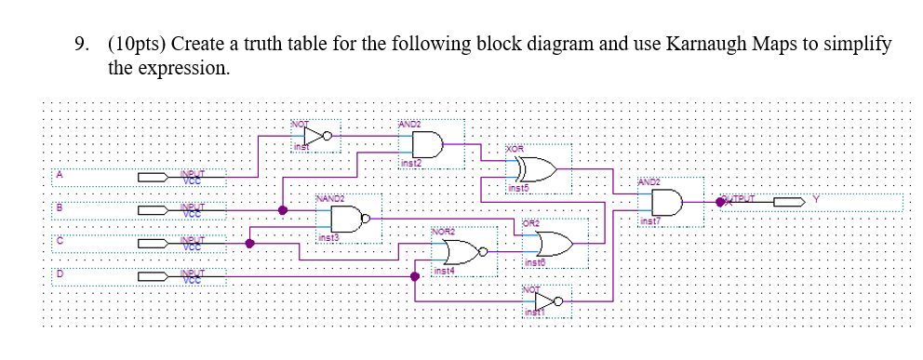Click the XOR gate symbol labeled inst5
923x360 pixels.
click(533, 170)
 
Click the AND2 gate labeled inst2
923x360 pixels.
click(424, 144)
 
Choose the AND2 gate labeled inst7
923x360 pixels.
click(668, 201)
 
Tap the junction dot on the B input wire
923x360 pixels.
click(283, 210)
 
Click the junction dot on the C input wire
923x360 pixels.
click(249, 244)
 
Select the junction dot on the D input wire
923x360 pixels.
click(415, 276)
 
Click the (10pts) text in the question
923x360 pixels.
click(137, 45)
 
